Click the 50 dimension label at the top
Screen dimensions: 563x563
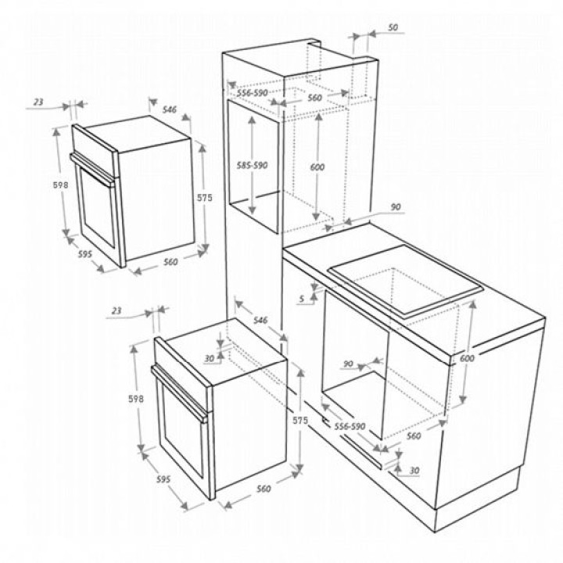[393, 27]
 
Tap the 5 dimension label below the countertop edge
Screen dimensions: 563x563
[302, 298]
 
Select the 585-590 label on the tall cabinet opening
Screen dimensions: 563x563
[253, 166]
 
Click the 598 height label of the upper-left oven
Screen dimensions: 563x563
[61, 185]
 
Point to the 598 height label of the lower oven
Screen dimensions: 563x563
[136, 399]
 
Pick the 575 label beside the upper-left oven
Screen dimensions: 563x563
[205, 198]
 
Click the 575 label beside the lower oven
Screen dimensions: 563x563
[300, 420]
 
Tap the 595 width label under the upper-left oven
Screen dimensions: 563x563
[85, 254]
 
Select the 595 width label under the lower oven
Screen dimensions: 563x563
[163, 479]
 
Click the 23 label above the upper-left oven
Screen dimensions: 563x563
[38, 102]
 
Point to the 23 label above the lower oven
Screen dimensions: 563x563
[117, 310]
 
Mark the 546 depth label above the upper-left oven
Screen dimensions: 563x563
[170, 109]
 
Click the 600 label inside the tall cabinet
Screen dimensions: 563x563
[317, 167]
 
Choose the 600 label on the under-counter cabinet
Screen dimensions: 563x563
[467, 358]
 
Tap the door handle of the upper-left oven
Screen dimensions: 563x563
[92, 169]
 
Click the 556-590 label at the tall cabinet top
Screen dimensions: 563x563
[253, 93]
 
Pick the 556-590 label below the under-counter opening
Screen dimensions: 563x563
[350, 426]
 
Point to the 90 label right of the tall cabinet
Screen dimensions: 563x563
[396, 207]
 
